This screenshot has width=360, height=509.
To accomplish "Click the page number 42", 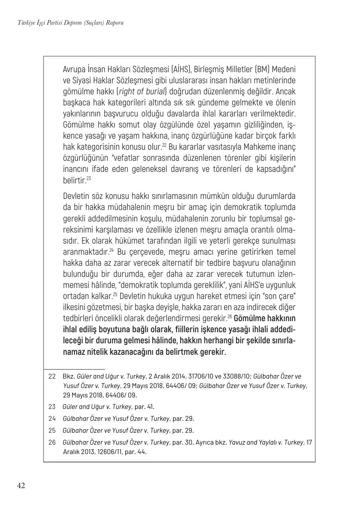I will (x=21, y=486).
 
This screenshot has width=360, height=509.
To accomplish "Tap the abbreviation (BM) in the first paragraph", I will (x=251, y=69).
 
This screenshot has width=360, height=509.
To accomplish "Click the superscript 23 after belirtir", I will (x=89, y=178).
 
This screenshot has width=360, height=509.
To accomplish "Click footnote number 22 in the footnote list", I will (x=52, y=376).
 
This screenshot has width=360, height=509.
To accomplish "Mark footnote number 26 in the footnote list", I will (x=52, y=443).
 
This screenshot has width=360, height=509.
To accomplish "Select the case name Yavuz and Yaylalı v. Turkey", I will (x=265, y=443).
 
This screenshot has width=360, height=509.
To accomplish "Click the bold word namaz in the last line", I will (x=74, y=352).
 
